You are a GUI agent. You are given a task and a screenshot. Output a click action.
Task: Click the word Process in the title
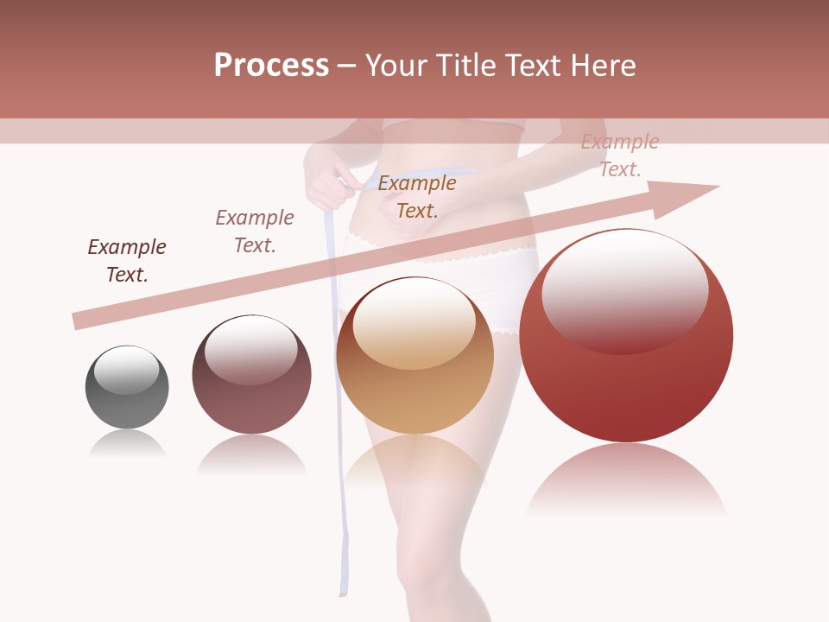tap(271, 66)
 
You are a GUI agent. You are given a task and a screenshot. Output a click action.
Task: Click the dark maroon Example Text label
tap(127, 261)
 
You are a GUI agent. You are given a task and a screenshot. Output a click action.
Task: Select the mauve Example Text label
tap(255, 232)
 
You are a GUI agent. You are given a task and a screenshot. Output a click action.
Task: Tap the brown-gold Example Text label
tap(417, 197)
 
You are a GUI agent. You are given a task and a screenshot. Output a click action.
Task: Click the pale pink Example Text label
tap(620, 155)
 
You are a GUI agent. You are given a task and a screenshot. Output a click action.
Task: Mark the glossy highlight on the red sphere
tap(625, 290)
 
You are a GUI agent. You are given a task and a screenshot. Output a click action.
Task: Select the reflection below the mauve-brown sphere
tap(251, 453)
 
